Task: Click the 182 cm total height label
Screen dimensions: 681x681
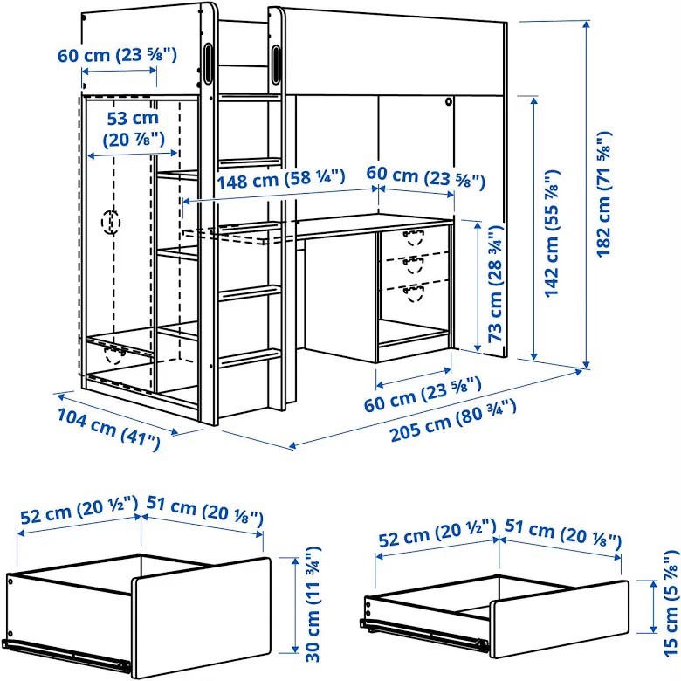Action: point(603,194)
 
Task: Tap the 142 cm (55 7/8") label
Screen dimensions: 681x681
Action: point(552,233)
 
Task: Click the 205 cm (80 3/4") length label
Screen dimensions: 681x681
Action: point(453,421)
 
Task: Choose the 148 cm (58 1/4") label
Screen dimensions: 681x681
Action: point(281,179)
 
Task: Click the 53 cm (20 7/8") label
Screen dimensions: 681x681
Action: point(134,128)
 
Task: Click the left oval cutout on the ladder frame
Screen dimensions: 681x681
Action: point(208,63)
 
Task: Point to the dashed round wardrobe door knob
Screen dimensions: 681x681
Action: point(111,222)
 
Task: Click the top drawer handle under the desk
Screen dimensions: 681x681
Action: point(413,237)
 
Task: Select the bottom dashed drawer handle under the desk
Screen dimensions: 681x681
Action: point(413,293)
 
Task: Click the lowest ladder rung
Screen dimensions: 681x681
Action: point(250,357)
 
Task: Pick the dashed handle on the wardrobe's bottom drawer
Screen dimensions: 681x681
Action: point(113,354)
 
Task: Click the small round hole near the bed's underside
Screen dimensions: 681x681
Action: point(448,102)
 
